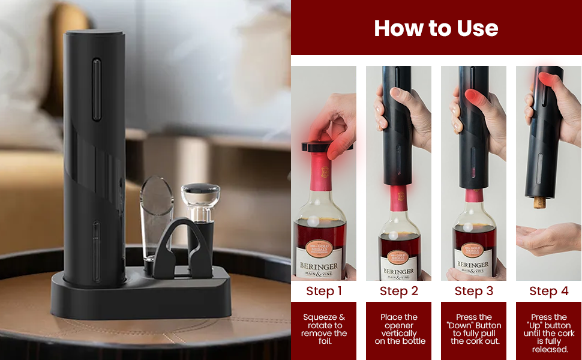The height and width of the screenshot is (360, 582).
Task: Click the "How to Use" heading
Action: pyautogui.click(x=436, y=28)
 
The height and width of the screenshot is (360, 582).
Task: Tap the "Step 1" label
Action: pyautogui.click(x=324, y=291)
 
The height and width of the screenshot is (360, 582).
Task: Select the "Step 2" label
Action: pyautogui.click(x=398, y=291)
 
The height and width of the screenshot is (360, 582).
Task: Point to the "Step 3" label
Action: pyautogui.click(x=473, y=291)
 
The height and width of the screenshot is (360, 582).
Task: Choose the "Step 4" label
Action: pyautogui.click(x=548, y=291)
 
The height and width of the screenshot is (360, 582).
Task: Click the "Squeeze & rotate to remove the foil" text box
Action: pyautogui.click(x=324, y=329)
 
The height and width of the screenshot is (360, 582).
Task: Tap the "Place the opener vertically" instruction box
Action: pyautogui.click(x=398, y=329)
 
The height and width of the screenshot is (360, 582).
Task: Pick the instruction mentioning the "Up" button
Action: pyautogui.click(x=548, y=333)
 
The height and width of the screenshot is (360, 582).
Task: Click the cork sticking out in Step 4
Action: pyautogui.click(x=539, y=202)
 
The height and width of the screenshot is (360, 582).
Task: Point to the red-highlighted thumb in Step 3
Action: pyautogui.click(x=475, y=98)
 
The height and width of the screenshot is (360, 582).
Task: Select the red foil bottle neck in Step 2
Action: pyautogui.click(x=397, y=197)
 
